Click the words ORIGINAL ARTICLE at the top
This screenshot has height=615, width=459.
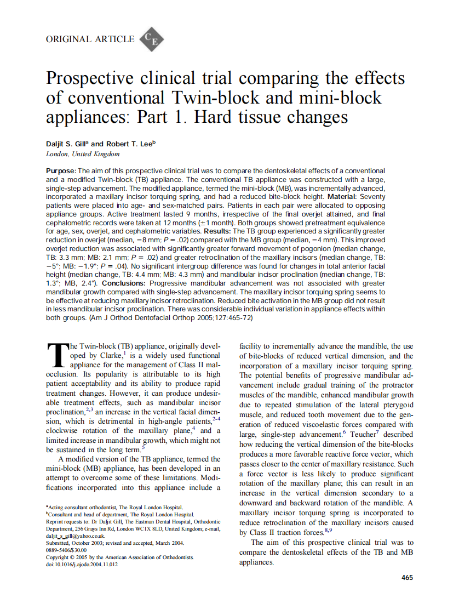click(x=90, y=39)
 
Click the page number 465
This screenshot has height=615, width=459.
click(x=407, y=577)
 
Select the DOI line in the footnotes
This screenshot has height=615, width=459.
click(x=82, y=564)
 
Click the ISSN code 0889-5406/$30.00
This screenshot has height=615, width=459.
click(x=66, y=550)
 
